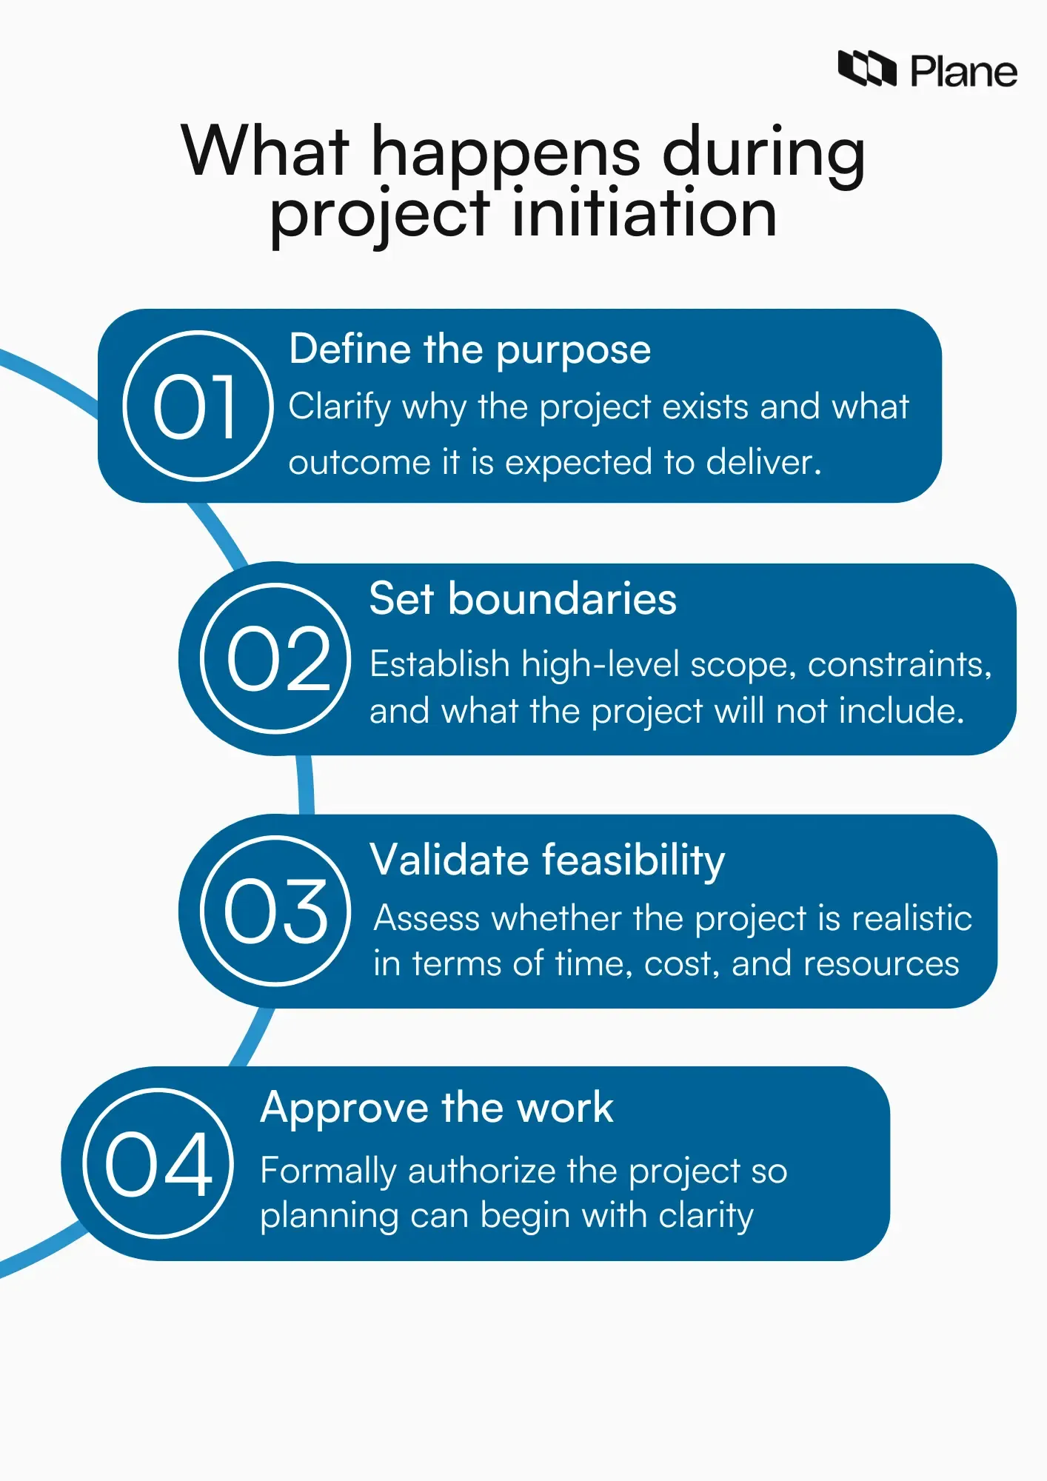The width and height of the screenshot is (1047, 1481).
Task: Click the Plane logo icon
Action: coord(866,69)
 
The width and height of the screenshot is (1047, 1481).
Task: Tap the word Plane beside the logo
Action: coord(963,72)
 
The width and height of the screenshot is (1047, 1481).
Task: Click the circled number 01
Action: coord(198,406)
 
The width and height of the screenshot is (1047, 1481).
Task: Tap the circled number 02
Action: coord(275,658)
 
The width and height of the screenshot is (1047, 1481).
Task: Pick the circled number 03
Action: coord(275,911)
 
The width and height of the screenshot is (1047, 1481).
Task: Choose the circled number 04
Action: coord(158,1163)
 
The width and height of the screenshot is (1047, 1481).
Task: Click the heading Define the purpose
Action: coord(469,349)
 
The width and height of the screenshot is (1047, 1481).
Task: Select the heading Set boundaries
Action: coord(523,598)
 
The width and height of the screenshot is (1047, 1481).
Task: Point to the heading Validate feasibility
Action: coord(547,860)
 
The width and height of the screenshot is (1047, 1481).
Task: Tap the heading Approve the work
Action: coord(437,1108)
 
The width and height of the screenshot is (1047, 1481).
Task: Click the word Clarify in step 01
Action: coord(339,407)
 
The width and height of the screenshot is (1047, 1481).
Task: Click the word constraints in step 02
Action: coord(898,664)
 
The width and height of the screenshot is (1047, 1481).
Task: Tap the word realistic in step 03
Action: coord(911,918)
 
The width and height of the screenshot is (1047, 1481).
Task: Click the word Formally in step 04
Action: coord(328,1171)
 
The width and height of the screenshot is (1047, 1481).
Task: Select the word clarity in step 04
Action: coord(706,1216)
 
